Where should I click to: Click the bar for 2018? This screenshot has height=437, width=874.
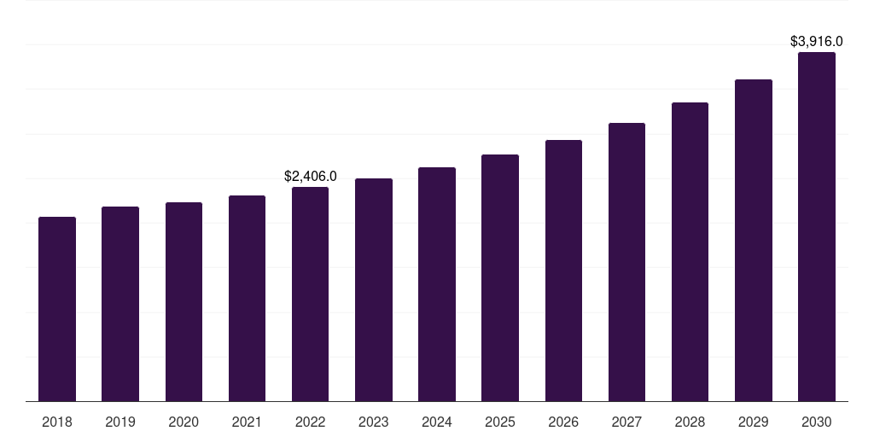(x=57, y=309)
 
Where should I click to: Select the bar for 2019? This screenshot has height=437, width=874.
(x=120, y=304)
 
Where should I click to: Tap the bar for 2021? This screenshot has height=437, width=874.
(x=247, y=299)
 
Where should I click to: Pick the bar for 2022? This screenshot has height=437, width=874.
(x=310, y=294)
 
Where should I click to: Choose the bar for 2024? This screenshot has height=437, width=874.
(x=437, y=284)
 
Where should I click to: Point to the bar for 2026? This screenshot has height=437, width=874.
(x=563, y=271)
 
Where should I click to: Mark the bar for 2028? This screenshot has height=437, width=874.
(x=690, y=252)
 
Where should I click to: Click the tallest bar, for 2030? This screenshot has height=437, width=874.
(x=816, y=227)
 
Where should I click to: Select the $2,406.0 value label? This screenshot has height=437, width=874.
(x=310, y=177)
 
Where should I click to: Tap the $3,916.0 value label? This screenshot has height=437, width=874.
(x=816, y=41)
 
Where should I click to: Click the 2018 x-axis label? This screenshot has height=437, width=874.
(x=57, y=422)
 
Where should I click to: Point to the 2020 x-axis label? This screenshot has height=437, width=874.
(x=184, y=422)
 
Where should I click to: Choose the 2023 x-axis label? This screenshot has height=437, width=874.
(x=374, y=422)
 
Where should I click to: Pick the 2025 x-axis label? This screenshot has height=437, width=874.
(x=500, y=422)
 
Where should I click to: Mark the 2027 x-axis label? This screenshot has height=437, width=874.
(x=626, y=422)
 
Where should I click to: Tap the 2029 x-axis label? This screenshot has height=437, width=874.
(x=753, y=422)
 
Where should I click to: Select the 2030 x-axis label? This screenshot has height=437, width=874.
(x=816, y=422)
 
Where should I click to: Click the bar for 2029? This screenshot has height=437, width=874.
(x=753, y=241)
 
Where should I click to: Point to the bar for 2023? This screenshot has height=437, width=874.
(x=374, y=290)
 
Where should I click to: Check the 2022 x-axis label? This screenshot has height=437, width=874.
(x=310, y=422)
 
